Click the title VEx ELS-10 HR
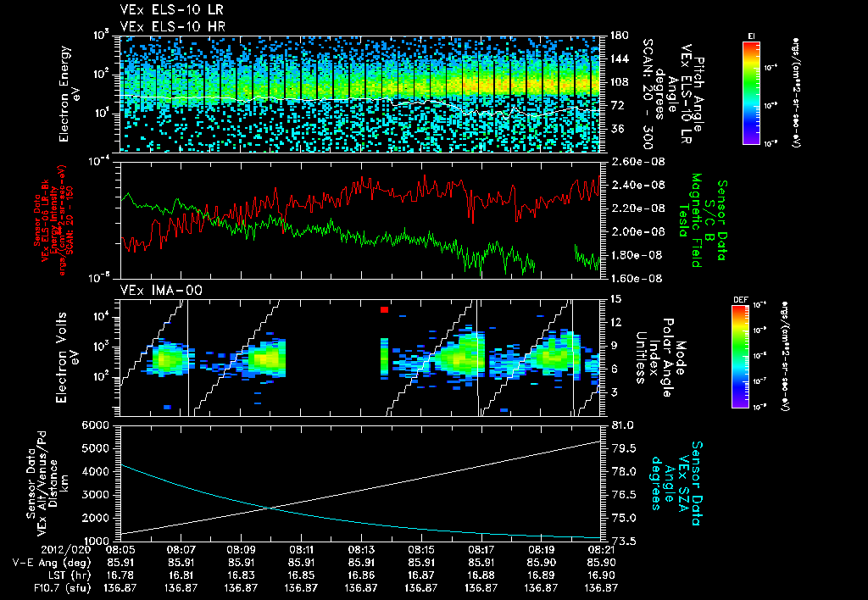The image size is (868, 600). (x=165, y=26)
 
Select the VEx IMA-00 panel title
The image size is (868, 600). (x=154, y=291)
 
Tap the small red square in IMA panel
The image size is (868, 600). (x=384, y=310)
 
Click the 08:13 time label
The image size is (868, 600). (x=362, y=550)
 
